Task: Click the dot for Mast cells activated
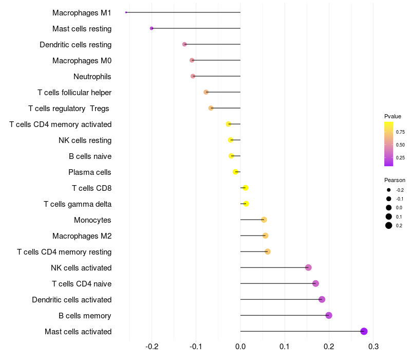click(x=364, y=331)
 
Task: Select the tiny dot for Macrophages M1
click(x=126, y=12)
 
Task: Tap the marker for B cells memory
click(x=329, y=315)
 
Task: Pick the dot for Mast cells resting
click(x=152, y=28)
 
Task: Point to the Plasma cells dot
click(x=235, y=172)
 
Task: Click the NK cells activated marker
click(x=308, y=267)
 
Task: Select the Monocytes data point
click(x=264, y=220)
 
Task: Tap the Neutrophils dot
click(x=193, y=76)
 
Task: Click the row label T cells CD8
click(x=92, y=188)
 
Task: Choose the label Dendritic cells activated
click(x=72, y=300)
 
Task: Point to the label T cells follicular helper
click(x=74, y=93)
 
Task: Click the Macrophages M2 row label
click(x=82, y=236)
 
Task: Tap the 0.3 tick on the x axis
click(x=373, y=347)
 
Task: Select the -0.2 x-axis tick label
click(x=152, y=347)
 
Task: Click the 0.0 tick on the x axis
click(x=240, y=347)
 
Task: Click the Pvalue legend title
click(x=393, y=116)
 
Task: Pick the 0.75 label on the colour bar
click(x=400, y=132)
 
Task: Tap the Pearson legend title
click(x=395, y=181)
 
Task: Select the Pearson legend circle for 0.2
click(x=389, y=225)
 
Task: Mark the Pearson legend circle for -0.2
click(x=389, y=190)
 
